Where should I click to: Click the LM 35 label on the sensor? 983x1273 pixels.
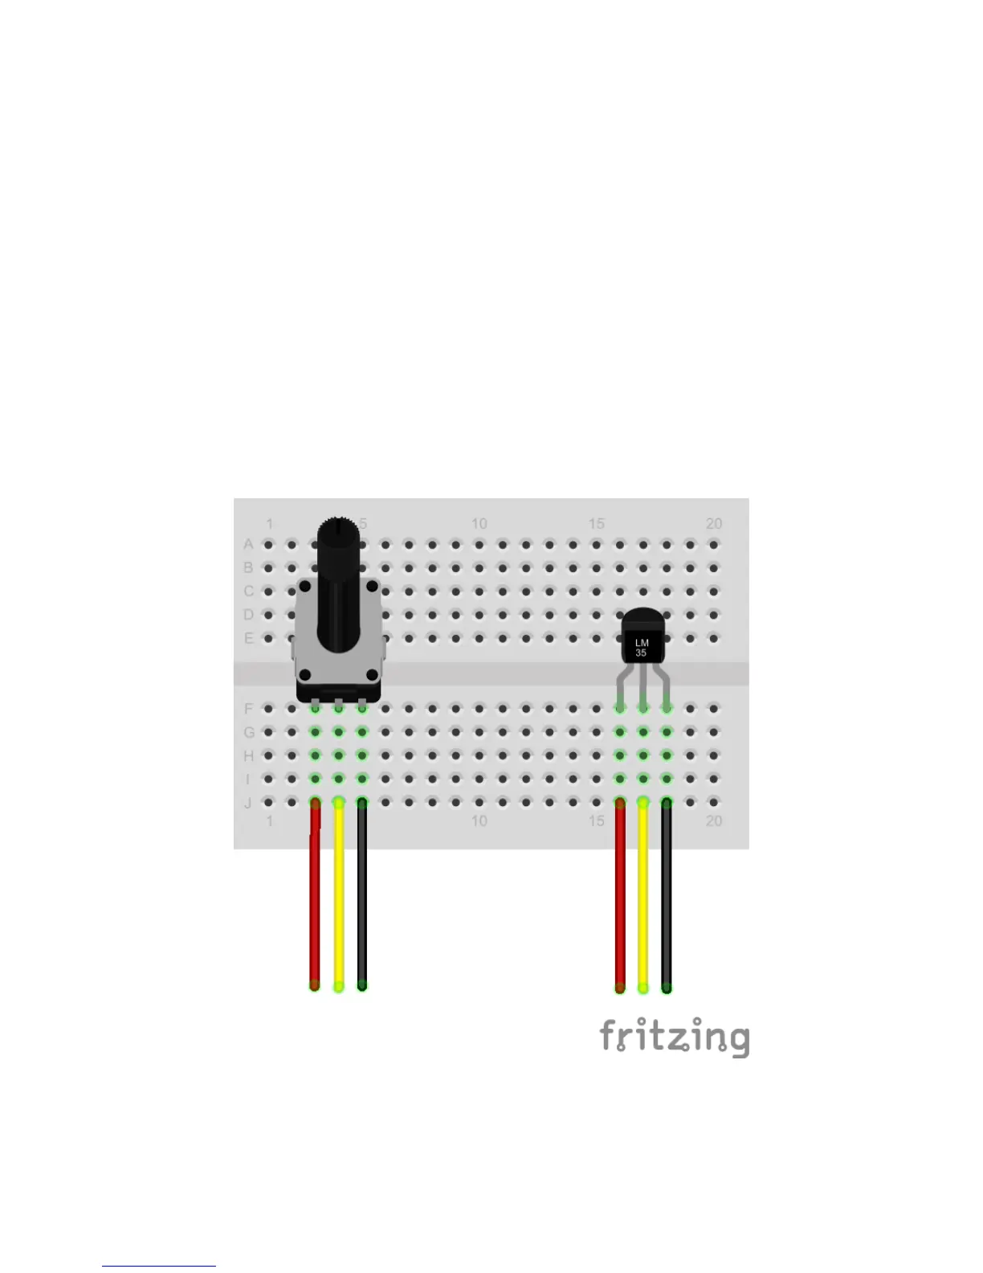point(641,648)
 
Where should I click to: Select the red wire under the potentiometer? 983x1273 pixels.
point(316,892)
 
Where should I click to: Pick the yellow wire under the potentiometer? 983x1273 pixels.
point(339,892)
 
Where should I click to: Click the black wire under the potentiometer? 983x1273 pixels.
point(362,892)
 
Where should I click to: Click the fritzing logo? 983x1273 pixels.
point(675,1037)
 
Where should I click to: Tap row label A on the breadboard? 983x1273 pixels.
point(249,545)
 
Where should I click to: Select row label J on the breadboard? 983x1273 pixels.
point(248,803)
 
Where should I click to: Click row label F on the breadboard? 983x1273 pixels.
point(249,709)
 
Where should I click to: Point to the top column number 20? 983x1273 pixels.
point(714,524)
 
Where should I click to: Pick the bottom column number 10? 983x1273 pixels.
point(479,821)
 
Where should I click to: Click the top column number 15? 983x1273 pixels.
point(596,524)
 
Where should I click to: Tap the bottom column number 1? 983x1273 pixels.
point(269,821)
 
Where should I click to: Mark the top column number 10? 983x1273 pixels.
point(479,524)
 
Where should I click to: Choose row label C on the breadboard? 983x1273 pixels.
point(249,591)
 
